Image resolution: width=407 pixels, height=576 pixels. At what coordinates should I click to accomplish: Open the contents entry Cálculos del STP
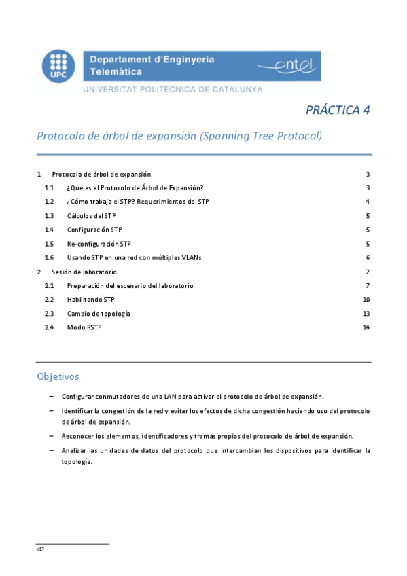91,216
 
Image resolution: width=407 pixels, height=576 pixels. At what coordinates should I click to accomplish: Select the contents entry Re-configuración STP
99,244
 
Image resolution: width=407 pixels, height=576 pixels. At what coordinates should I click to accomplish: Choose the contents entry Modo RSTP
84,327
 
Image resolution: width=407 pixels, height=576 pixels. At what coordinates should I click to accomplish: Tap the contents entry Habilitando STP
90,300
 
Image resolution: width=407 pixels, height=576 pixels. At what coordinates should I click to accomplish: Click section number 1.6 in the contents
49,258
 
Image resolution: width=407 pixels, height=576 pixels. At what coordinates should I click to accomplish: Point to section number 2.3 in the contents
49,314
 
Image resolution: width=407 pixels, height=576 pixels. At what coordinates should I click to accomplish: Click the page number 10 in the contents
366,300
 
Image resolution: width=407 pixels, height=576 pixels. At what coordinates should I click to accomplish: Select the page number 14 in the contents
366,327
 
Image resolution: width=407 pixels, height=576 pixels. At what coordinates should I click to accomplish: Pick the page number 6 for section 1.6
367,258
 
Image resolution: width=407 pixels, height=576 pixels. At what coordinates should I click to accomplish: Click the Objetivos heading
58,376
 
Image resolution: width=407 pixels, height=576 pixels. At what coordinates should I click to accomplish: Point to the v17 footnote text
40,549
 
